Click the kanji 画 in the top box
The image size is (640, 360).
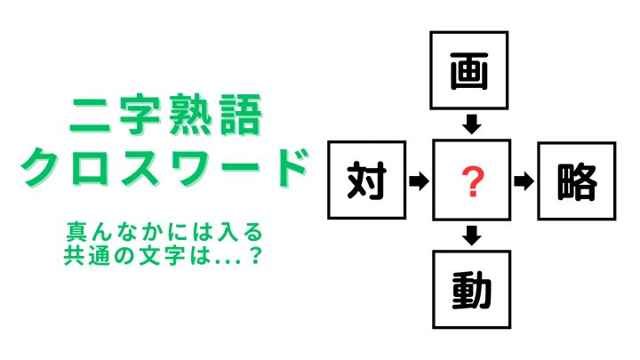(469, 71)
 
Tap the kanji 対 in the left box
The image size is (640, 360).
(366, 180)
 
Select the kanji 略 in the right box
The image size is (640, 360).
(577, 181)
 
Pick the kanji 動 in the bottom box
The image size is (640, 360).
(471, 291)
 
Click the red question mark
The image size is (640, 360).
(472, 182)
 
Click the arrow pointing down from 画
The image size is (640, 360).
(471, 124)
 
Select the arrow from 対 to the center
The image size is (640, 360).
(420, 180)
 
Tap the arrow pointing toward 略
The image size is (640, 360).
(524, 181)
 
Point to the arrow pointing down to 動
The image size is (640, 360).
(471, 236)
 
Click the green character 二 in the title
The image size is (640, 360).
(91, 116)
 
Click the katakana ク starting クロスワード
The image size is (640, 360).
(41, 166)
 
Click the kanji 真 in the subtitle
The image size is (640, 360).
(76, 231)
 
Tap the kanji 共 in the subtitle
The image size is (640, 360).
(74, 255)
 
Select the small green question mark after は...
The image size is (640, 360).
(255, 255)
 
